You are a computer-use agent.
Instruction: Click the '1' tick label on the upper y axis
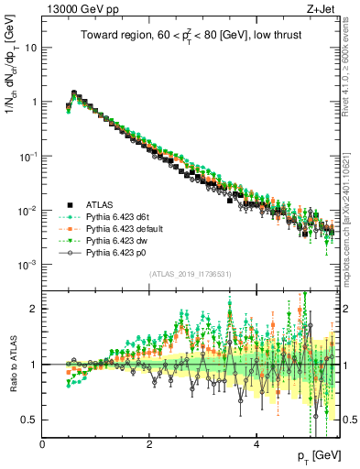pos(35,102)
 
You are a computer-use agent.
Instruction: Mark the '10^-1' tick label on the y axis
pos(29,156)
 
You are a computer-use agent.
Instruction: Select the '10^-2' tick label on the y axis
pos(29,210)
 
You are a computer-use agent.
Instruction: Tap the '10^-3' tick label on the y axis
pos(29,264)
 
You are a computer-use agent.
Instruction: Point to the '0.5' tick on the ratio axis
pos(31,420)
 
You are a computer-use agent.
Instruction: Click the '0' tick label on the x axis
pos(43,444)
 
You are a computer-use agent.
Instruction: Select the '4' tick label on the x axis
pos(256,444)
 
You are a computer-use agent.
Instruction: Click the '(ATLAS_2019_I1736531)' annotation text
pos(191,274)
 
